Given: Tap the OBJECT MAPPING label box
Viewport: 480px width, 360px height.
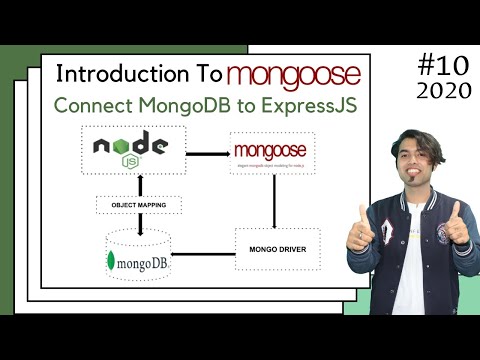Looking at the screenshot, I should (x=139, y=205).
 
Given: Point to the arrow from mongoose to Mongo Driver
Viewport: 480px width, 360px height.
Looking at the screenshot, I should (x=274, y=204).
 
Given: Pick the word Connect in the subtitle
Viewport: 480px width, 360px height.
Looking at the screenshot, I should (x=89, y=106).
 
